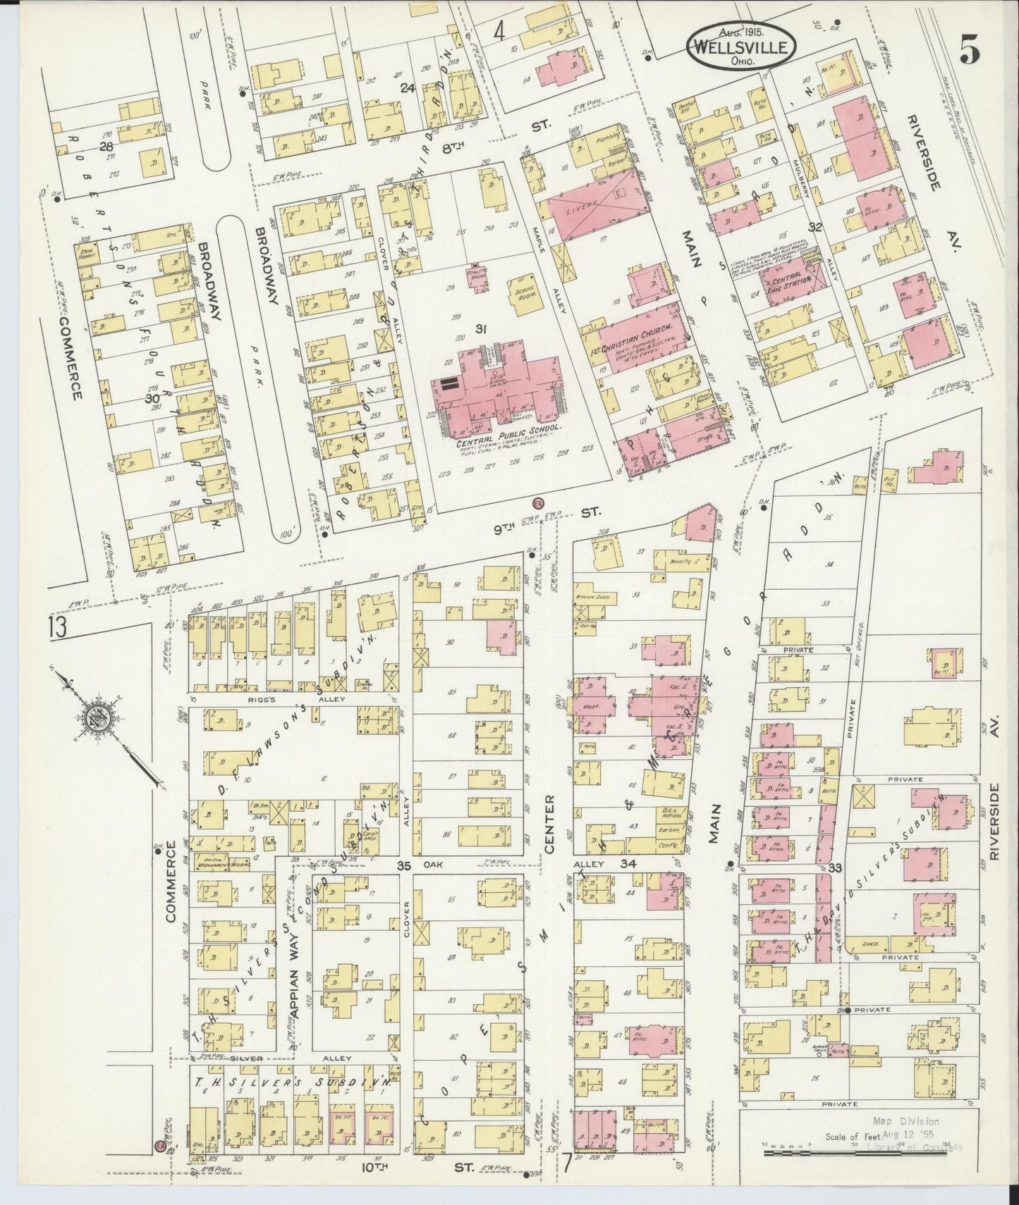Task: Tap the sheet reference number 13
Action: point(58,626)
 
